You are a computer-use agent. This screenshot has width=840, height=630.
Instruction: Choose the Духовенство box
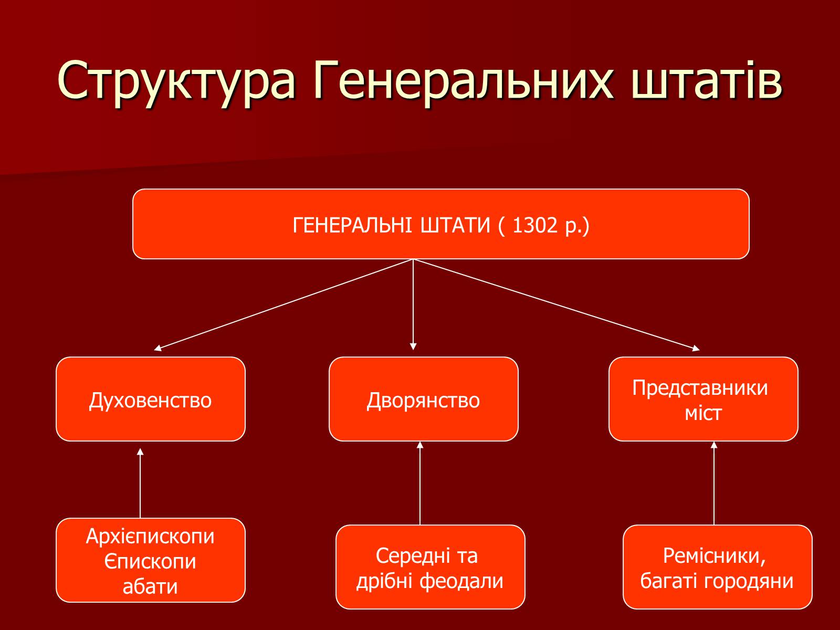click(x=150, y=399)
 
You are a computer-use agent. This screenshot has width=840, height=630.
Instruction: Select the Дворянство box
click(x=423, y=399)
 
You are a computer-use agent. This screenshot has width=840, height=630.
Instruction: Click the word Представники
click(x=700, y=388)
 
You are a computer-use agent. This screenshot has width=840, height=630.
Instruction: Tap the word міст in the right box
click(x=703, y=413)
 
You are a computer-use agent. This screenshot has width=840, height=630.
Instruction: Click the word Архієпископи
click(x=150, y=536)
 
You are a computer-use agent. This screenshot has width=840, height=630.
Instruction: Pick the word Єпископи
click(x=150, y=562)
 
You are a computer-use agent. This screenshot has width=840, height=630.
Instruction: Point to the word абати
click(x=150, y=586)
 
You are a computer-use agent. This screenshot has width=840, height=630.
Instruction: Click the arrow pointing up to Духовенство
click(x=140, y=483)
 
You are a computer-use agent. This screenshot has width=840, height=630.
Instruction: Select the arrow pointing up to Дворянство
click(x=420, y=483)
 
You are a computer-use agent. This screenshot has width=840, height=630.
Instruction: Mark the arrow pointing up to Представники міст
click(x=713, y=483)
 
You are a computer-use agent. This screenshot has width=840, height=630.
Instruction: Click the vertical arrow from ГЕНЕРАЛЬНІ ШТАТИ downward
click(x=413, y=304)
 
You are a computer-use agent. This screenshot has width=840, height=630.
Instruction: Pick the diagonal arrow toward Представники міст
click(x=556, y=304)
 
